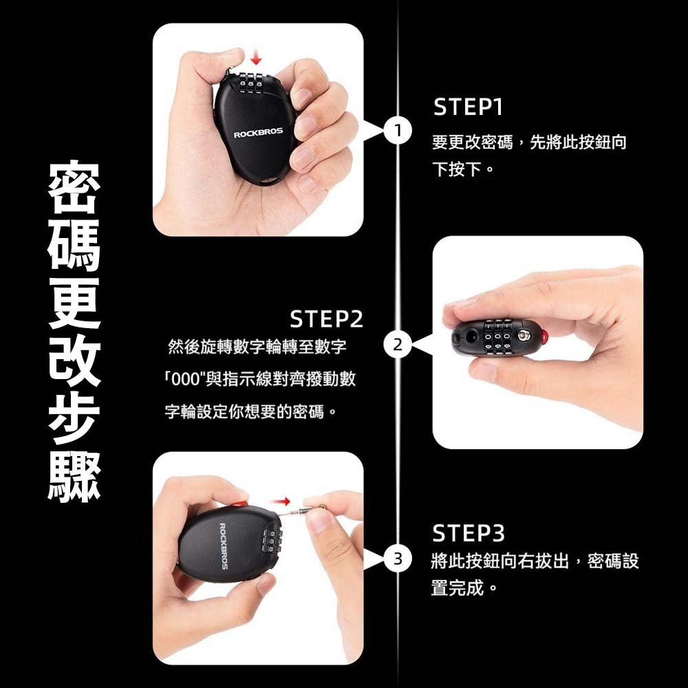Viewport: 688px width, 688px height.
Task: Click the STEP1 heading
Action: (x=467, y=107)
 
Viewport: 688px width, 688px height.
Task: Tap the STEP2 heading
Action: (x=326, y=319)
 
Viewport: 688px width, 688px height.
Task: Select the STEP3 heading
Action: (x=468, y=533)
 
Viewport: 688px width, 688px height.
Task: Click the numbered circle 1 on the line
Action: (x=398, y=131)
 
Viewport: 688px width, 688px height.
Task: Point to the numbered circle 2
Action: (x=398, y=345)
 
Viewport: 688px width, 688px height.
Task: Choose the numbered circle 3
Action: (x=398, y=559)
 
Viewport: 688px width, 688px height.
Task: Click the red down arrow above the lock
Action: (x=256, y=58)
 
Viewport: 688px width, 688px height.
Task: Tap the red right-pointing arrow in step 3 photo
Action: (x=281, y=501)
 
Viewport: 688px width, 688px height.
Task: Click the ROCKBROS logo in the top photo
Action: (x=258, y=133)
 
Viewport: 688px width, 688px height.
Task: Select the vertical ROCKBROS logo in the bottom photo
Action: (x=224, y=546)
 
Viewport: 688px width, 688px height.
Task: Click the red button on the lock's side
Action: (x=544, y=337)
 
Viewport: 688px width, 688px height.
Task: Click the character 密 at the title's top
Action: (x=74, y=187)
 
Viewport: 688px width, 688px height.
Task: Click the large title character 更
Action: (x=74, y=303)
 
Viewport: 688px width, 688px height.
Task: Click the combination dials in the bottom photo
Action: (x=272, y=541)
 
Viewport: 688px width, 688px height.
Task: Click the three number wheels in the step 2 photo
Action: (x=497, y=337)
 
